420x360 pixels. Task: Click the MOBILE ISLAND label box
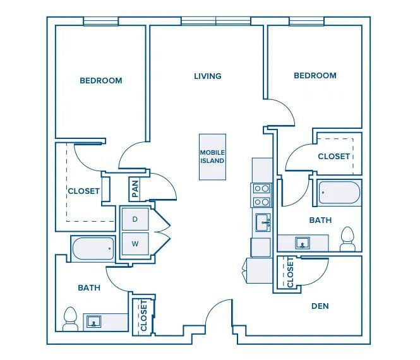212,157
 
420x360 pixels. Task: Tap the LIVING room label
207,76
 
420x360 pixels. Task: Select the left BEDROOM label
101,81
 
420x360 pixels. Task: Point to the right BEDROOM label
315,76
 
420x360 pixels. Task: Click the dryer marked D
135,219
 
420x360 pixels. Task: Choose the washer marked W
135,243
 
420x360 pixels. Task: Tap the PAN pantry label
135,188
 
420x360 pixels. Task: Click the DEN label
320,306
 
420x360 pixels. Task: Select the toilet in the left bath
69,318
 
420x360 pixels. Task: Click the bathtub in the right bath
339,193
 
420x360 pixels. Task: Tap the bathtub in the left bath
93,248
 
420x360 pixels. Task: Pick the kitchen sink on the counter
263,222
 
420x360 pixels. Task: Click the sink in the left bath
95,322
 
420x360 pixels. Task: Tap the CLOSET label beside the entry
143,314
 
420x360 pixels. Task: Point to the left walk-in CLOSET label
84,191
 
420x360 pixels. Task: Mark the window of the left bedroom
101,22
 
